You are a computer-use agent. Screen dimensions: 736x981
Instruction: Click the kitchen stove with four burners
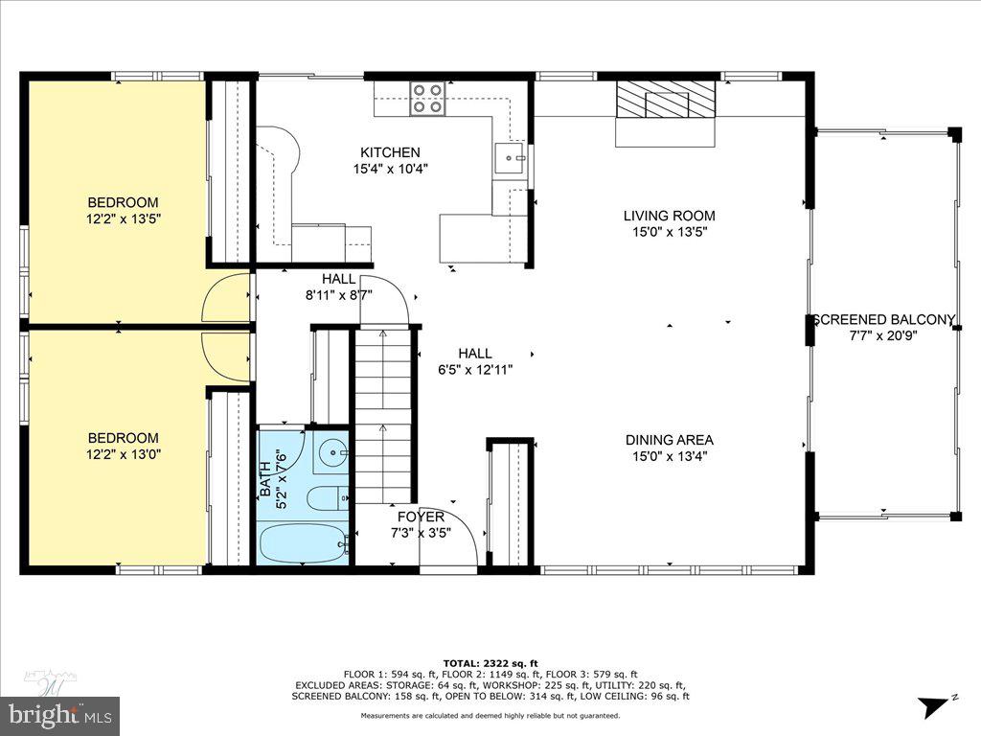[x=428, y=99]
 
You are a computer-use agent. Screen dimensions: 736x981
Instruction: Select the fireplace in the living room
[x=666, y=99]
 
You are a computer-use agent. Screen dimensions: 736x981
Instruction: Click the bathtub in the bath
[x=303, y=544]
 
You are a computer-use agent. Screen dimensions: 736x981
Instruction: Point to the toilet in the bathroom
[x=326, y=498]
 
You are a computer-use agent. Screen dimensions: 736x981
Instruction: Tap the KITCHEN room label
[x=390, y=152]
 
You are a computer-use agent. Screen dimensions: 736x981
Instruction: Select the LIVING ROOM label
[x=669, y=216]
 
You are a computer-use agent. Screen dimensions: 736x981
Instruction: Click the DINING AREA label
[x=669, y=440]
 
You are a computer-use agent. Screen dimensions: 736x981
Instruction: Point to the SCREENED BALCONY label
[x=883, y=320]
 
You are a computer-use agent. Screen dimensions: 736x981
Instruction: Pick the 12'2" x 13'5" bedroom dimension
[x=123, y=218]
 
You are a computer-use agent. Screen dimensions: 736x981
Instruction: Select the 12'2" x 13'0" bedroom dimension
[x=123, y=454]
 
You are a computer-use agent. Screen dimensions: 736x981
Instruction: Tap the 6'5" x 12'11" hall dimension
[x=474, y=369]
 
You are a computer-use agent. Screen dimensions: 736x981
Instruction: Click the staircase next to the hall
[x=383, y=412]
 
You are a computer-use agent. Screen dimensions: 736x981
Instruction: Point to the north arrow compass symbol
[x=935, y=707]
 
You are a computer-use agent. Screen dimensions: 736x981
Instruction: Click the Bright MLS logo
[x=59, y=714]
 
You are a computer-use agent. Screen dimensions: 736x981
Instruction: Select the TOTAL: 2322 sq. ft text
[x=490, y=663]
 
